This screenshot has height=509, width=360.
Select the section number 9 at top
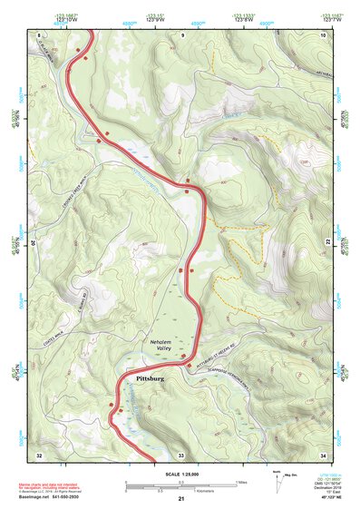[x=182, y=34]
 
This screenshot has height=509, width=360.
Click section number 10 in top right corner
[x=323, y=34]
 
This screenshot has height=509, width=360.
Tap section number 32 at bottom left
[x=39, y=453]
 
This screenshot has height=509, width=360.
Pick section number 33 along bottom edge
[x=181, y=453]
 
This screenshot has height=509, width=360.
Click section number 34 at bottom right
[x=323, y=453]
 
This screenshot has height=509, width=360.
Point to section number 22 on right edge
[x=328, y=245]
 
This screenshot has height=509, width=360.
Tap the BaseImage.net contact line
[x=51, y=498]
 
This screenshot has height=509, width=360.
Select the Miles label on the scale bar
[x=242, y=481]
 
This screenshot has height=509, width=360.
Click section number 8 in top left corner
[x=39, y=34]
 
